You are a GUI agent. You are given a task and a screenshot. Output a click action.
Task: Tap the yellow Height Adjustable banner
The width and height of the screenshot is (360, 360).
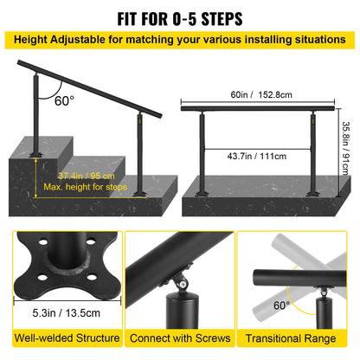pos(180,40)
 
